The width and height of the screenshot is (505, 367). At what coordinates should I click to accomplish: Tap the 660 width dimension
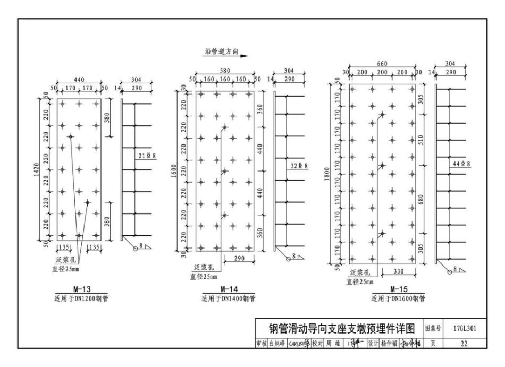(382, 63)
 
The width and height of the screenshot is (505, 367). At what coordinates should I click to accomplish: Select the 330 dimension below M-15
(399, 271)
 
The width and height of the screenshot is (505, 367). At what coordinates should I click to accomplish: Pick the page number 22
(464, 344)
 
